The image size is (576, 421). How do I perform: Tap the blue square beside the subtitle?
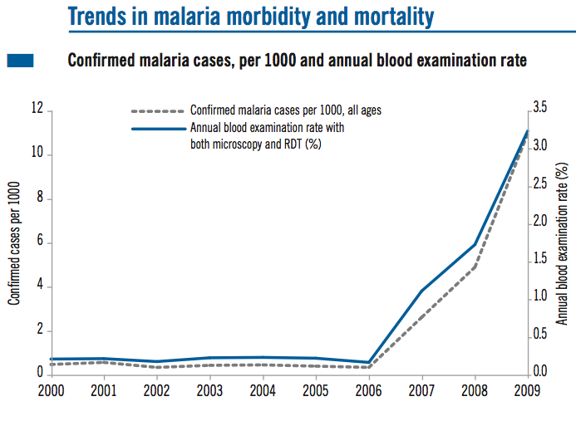point(20,60)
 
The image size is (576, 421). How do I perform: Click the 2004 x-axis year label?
point(263,390)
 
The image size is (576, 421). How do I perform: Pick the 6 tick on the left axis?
point(39,242)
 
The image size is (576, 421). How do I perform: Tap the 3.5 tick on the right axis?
point(540,107)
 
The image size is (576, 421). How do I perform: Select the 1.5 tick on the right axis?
point(540,258)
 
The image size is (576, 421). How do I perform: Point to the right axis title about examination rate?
point(563,241)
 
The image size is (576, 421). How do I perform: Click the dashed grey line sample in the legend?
point(157,110)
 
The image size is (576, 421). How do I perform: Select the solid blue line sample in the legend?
point(157,129)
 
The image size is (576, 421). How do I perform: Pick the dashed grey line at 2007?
point(422,315)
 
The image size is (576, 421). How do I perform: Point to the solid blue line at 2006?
point(369,363)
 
